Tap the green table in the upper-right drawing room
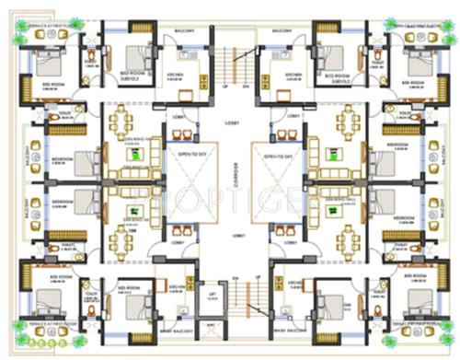[x=328, y=155]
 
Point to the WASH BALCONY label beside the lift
[x=178, y=331]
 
